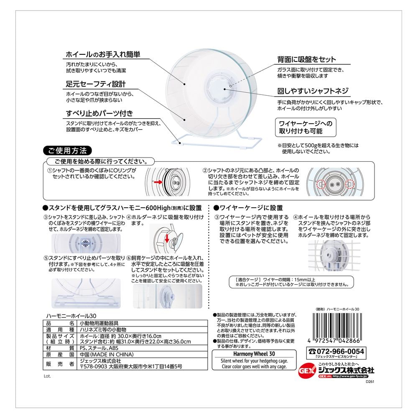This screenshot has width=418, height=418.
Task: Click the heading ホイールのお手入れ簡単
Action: coord(103,54)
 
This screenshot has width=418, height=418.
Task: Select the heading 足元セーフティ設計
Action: coord(96,84)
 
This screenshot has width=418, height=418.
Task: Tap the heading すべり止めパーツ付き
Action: coord(99,113)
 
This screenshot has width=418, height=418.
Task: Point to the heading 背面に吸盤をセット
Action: coord(306,59)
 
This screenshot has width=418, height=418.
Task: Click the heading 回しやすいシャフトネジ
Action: coord(313,91)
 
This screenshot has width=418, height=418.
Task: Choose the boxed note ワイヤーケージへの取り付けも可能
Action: coord(306,127)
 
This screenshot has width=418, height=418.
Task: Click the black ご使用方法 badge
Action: coord(67,150)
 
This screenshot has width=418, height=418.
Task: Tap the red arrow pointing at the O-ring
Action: coord(158,182)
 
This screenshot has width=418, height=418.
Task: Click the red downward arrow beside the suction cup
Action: coord(167,238)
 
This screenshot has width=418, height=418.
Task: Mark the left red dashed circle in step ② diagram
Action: coord(321,184)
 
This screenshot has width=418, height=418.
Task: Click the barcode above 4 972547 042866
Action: coord(337,325)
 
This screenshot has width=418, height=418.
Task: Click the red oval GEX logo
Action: coord(307,371)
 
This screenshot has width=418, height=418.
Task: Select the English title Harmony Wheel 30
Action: coord(254,354)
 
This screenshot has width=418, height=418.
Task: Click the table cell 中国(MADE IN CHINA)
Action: coord(107,354)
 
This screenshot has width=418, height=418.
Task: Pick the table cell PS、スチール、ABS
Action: coord(99,348)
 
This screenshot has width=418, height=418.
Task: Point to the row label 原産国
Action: coord(60,354)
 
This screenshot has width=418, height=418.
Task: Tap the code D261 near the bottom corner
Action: coord(370,382)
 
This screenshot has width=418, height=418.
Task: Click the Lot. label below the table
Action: coord(47,376)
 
